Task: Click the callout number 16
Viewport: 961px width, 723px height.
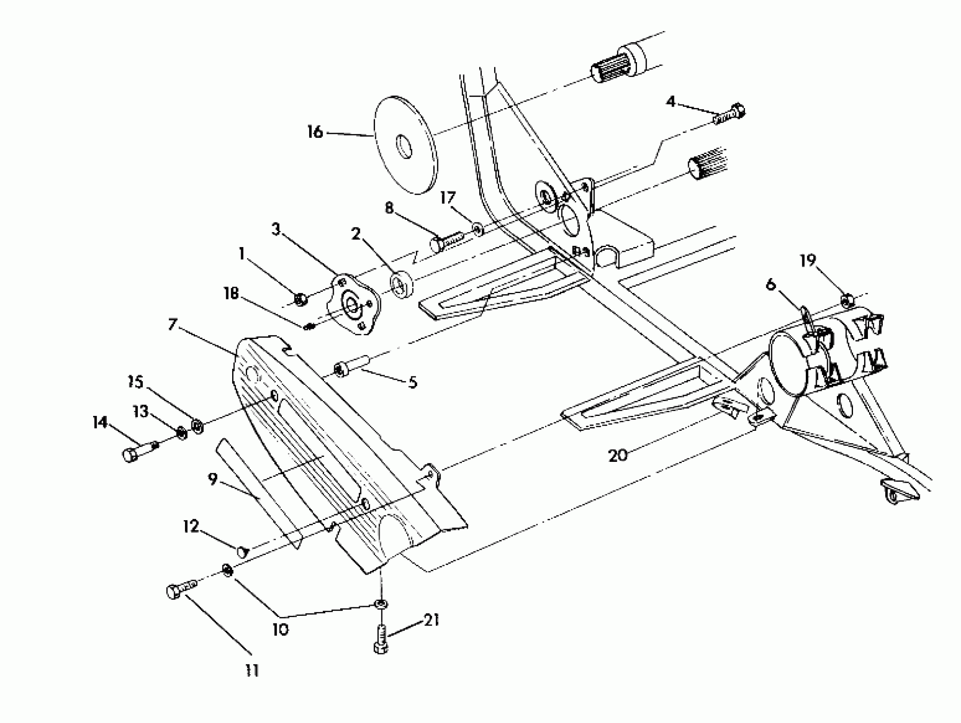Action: click(x=316, y=132)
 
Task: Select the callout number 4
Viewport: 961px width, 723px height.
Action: click(x=671, y=102)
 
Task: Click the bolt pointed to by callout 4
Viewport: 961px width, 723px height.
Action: click(x=730, y=114)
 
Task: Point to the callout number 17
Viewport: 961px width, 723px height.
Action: click(x=448, y=198)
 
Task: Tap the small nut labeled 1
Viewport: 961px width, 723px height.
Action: click(x=300, y=299)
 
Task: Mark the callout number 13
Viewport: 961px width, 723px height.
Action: click(x=140, y=411)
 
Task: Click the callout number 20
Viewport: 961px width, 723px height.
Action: click(x=617, y=455)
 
